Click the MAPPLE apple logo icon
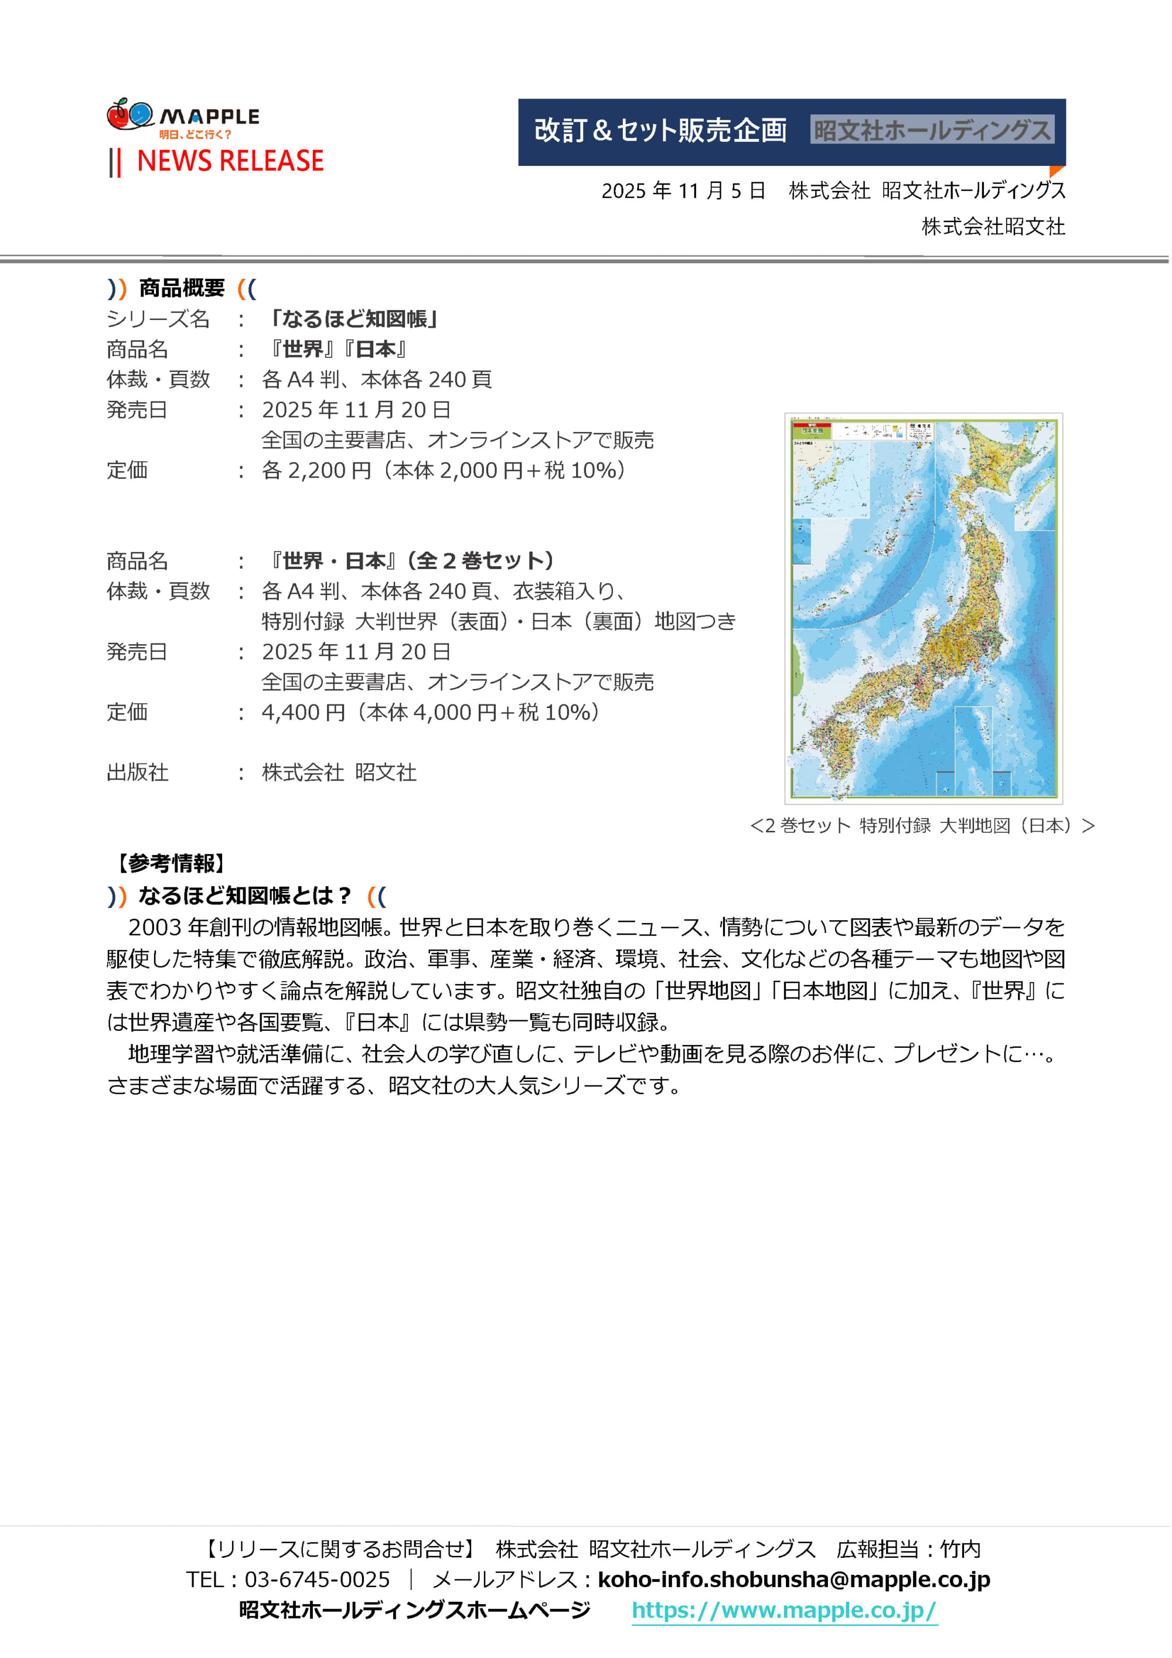(x=130, y=115)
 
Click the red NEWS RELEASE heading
(x=230, y=161)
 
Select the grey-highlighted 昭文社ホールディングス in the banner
(x=932, y=130)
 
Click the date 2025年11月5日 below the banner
(x=683, y=190)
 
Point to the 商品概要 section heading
(x=182, y=288)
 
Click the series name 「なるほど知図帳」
(x=353, y=318)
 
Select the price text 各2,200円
(x=316, y=470)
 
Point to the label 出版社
(x=137, y=772)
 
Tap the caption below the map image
(x=922, y=825)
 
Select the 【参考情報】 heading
(x=171, y=863)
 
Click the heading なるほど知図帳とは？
(x=244, y=896)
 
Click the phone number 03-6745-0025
(x=317, y=1579)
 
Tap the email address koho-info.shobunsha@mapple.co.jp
(x=793, y=1579)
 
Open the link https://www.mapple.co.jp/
(x=784, y=1611)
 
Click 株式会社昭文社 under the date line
(x=993, y=227)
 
